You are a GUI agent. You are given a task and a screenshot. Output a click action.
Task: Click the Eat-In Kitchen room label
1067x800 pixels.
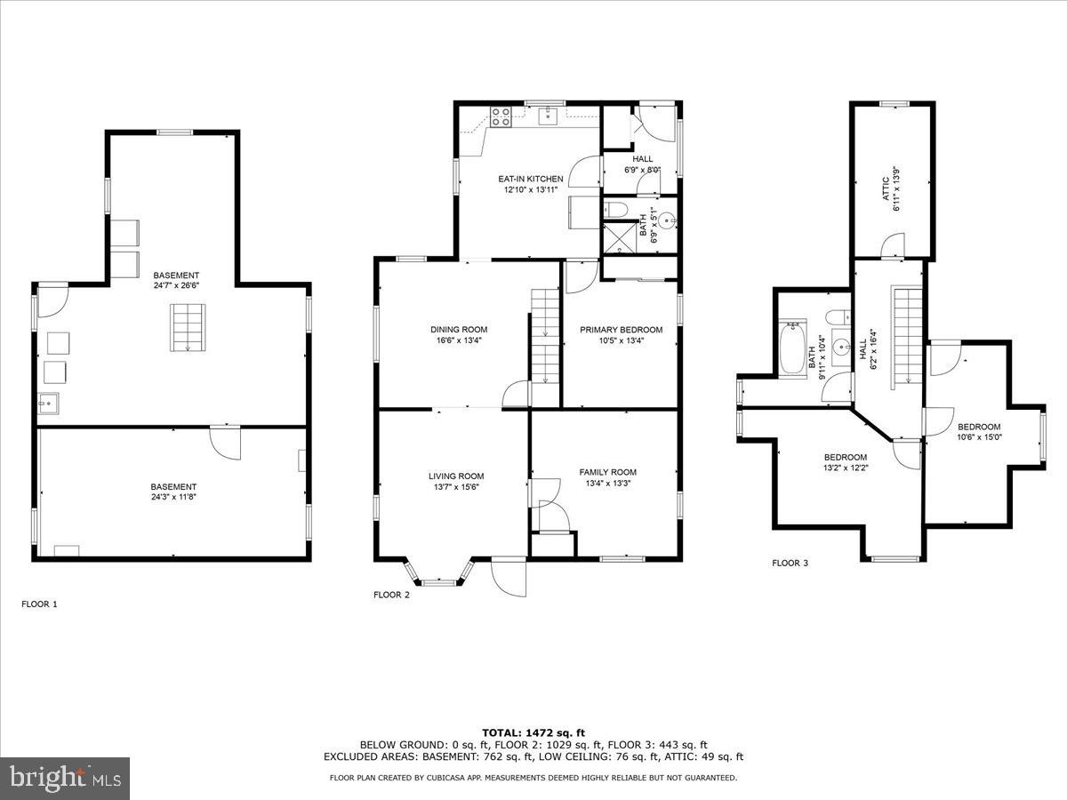pyautogui.click(x=530, y=179)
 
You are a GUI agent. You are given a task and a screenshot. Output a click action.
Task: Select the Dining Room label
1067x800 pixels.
pyautogui.click(x=458, y=329)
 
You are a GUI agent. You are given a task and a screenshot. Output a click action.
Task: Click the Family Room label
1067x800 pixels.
pyautogui.click(x=607, y=472)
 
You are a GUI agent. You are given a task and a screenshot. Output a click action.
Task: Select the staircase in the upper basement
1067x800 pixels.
pyautogui.click(x=188, y=326)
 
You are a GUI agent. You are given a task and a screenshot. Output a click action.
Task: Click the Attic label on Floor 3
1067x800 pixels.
pyautogui.click(x=886, y=189)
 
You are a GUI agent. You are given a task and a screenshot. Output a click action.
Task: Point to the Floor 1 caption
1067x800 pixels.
pyautogui.click(x=39, y=604)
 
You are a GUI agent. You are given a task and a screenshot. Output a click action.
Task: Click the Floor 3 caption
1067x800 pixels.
pyautogui.click(x=790, y=563)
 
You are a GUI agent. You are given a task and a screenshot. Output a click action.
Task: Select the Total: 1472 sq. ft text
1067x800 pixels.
pyautogui.click(x=533, y=732)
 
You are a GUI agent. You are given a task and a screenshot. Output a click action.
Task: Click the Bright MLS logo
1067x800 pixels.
pyautogui.click(x=65, y=779)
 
